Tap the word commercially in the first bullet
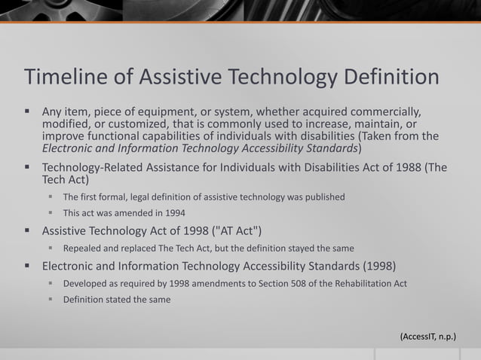coord(378,111)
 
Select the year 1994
coord(172,212)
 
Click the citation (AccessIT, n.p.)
coord(427,336)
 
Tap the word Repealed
coord(84,248)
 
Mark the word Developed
coord(86,283)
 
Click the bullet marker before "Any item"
coord(27,111)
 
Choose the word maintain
coord(378,124)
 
